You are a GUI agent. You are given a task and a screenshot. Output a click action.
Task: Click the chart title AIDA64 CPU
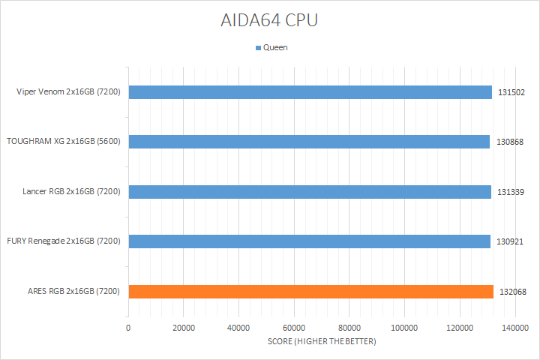(x=269, y=20)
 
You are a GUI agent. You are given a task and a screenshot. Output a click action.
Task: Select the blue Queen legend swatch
(x=259, y=47)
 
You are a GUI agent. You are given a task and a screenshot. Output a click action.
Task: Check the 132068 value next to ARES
(x=511, y=292)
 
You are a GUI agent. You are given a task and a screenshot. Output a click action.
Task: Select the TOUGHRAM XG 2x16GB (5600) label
(x=64, y=142)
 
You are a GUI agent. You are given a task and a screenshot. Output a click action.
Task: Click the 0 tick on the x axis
(x=129, y=328)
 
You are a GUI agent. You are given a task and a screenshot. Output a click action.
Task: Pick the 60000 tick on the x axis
(x=294, y=328)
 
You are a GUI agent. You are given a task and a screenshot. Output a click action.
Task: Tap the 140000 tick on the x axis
(x=514, y=328)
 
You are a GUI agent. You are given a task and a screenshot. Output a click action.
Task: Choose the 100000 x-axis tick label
(x=404, y=328)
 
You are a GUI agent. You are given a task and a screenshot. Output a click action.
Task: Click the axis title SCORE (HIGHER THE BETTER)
(x=322, y=342)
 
